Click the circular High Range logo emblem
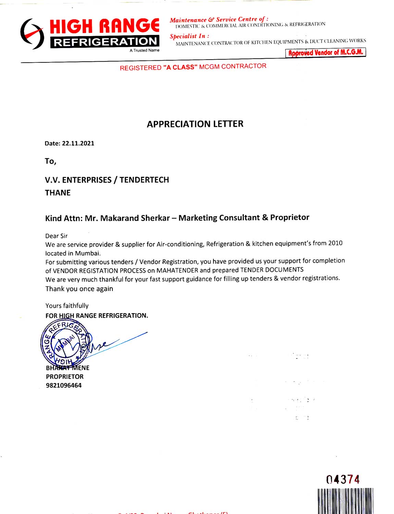(32, 34)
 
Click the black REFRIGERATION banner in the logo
(105, 42)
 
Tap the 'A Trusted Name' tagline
(144, 50)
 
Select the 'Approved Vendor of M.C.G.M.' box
(325, 52)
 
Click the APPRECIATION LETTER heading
(195, 124)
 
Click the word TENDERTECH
(144, 180)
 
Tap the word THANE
(58, 193)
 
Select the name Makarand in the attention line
(118, 218)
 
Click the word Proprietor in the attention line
(290, 218)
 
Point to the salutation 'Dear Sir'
(56, 236)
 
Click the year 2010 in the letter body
(335, 243)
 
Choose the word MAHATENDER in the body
(177, 270)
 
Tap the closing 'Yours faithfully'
(67, 306)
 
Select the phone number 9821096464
(64, 385)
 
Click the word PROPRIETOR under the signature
(65, 377)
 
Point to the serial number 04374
(343, 479)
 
